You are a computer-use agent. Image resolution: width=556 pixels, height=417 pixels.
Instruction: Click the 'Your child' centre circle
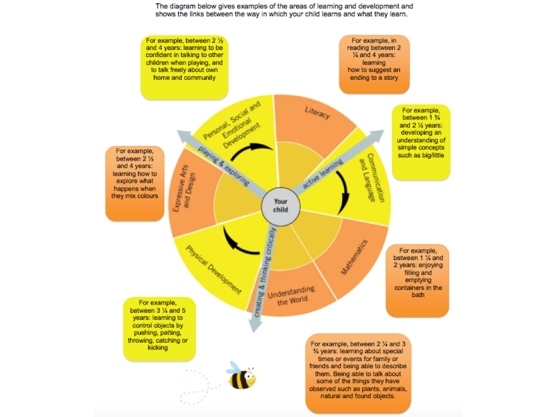click(280, 205)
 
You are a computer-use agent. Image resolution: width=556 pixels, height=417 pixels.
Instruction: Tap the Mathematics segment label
click(355, 257)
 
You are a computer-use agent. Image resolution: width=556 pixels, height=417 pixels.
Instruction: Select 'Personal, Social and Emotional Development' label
click(232, 125)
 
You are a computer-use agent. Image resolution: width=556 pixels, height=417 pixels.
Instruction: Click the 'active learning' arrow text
click(323, 174)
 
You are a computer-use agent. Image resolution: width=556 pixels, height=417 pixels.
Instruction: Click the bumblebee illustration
click(241, 376)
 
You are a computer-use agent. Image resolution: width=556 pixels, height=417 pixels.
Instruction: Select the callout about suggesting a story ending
click(374, 64)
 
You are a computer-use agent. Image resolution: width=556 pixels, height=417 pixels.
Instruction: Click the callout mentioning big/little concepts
click(421, 142)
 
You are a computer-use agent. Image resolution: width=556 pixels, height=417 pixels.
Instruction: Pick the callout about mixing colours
click(135, 184)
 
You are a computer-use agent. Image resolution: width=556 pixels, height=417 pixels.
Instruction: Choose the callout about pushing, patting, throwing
click(160, 328)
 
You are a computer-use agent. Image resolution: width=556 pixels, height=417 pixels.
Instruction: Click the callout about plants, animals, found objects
click(358, 373)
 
